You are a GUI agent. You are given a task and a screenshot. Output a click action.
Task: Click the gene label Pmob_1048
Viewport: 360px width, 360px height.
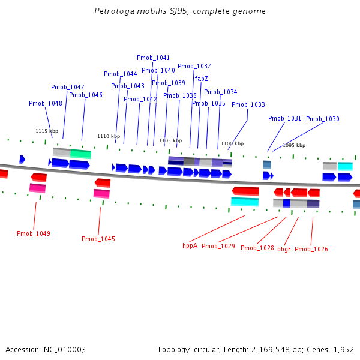click(x=46, y=104)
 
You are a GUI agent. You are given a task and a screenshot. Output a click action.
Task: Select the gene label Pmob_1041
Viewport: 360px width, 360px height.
click(x=153, y=58)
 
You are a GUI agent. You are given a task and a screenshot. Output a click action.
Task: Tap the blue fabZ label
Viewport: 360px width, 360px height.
click(x=202, y=79)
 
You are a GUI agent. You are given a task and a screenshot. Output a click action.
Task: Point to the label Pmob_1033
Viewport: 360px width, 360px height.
click(x=248, y=105)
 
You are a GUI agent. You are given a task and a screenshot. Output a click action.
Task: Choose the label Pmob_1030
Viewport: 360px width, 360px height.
click(x=323, y=119)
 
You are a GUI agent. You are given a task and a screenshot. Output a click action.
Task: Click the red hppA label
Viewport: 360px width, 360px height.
click(x=190, y=245)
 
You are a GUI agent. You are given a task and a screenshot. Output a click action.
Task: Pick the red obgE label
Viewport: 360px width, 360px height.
click(x=284, y=249)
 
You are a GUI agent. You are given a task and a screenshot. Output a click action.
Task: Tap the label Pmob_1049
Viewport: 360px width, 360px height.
click(x=34, y=233)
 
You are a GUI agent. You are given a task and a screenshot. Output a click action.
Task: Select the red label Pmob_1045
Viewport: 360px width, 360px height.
click(x=98, y=239)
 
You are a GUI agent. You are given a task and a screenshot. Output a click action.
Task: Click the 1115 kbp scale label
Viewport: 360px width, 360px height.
click(x=47, y=131)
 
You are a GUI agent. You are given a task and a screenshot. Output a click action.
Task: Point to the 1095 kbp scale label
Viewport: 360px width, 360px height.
click(x=294, y=145)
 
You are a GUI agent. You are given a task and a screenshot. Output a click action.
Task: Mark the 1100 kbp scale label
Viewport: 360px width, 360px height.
click(x=232, y=143)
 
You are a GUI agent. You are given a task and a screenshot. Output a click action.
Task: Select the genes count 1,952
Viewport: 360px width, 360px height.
click(x=343, y=349)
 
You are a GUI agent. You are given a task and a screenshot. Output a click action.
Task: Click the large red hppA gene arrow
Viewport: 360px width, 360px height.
click(x=245, y=191)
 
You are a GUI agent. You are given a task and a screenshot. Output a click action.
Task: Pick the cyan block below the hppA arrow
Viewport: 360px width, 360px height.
click(x=245, y=202)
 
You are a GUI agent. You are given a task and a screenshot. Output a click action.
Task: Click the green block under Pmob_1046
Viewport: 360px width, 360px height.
click(x=80, y=154)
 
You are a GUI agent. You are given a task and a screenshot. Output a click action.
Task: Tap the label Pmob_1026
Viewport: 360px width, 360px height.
click(x=311, y=249)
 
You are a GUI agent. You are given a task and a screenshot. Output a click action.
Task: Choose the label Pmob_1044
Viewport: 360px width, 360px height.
click(x=121, y=74)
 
